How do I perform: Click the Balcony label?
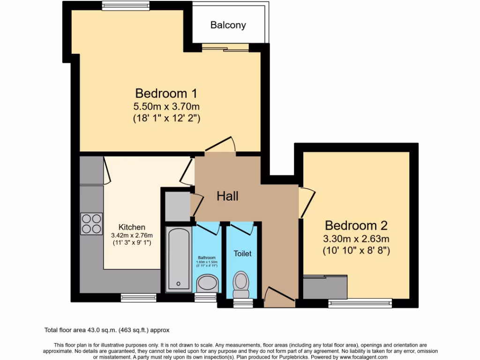click(x=228, y=25)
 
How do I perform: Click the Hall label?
click(x=227, y=196)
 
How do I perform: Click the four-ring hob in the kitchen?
click(x=91, y=223)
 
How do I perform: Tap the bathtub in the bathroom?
click(x=179, y=258)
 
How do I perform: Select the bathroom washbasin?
click(x=206, y=283)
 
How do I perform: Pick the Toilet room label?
click(x=242, y=254)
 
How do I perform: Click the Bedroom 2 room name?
click(x=356, y=225)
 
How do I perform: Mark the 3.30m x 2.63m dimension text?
click(x=356, y=239)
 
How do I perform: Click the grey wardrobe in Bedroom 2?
click(x=324, y=287)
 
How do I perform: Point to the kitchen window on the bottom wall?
click(x=133, y=297)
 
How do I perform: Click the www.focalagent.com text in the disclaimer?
click(x=360, y=357)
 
